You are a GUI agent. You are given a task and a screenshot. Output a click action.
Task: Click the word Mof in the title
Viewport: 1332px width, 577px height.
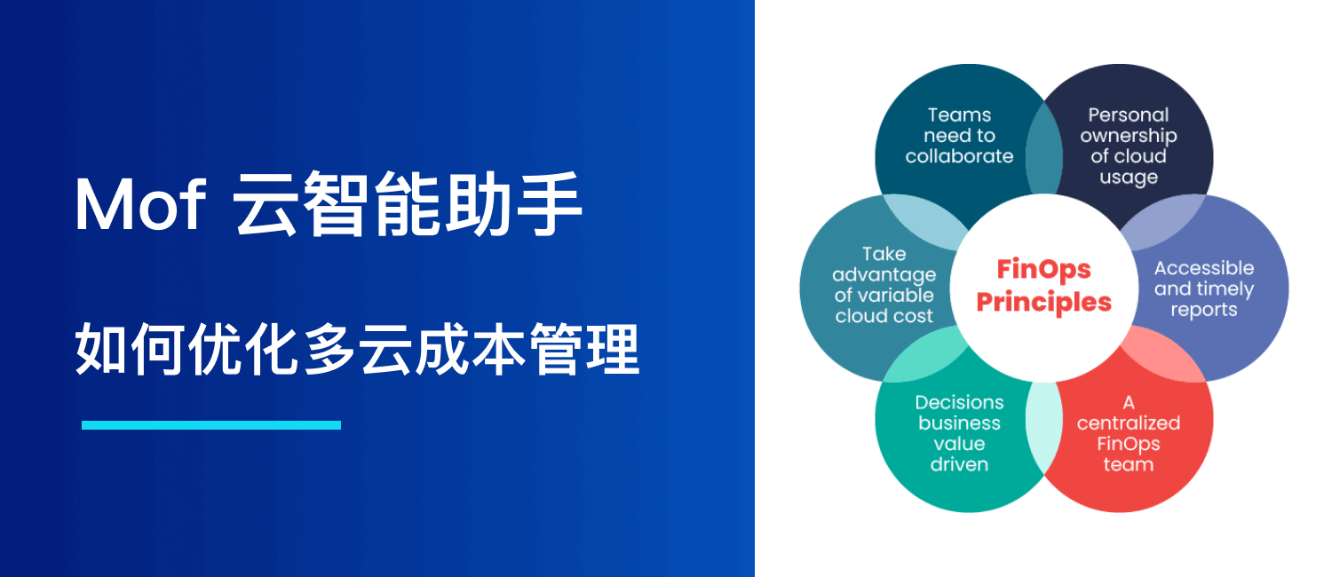coord(140,206)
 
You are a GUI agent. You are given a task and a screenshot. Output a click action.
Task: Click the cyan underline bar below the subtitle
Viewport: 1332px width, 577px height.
coord(211,425)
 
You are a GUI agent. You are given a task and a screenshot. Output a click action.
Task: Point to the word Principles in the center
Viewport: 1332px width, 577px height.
coord(1043,302)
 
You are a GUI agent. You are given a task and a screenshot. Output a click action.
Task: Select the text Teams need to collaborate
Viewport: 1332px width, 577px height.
coord(959,136)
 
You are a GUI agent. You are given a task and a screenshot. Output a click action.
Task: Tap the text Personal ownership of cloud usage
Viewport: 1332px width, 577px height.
coord(1128,146)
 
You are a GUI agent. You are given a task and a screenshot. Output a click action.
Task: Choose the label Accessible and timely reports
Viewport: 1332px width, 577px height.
coord(1203,288)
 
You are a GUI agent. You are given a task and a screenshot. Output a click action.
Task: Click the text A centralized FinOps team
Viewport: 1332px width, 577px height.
coord(1128,433)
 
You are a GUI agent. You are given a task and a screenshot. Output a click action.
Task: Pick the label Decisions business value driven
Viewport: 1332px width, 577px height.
coord(959,433)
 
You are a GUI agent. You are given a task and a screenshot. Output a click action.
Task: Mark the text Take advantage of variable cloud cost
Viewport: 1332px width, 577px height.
coord(884,285)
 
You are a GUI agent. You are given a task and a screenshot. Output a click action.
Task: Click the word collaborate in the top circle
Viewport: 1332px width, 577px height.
coord(959,156)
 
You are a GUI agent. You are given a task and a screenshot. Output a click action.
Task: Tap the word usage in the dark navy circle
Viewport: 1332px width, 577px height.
coord(1128,177)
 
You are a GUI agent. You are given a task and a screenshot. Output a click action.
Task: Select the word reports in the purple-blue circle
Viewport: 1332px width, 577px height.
coord(1203,310)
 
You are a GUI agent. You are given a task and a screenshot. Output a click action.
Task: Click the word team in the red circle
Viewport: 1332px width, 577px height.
coord(1128,464)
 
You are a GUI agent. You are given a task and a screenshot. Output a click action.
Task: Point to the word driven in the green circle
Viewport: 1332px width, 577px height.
coord(959,464)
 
